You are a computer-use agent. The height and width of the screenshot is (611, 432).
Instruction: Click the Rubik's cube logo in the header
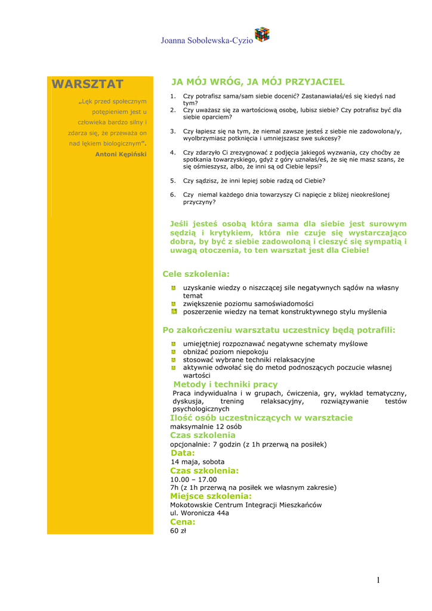262,35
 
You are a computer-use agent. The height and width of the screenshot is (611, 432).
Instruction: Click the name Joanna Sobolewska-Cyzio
206,41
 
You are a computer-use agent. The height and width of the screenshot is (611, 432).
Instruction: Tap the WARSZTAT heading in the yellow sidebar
88,84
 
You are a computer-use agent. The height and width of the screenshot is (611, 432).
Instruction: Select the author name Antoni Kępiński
121,154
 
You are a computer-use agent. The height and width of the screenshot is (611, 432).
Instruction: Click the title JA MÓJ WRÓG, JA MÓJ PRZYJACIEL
258,82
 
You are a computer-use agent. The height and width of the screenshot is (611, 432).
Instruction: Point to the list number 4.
173,152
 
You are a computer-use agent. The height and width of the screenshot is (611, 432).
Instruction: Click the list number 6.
173,195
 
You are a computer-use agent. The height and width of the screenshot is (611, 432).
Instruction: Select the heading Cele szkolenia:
196,274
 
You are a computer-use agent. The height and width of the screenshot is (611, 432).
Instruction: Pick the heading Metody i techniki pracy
225,384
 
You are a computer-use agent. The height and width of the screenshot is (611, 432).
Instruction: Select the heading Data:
183,453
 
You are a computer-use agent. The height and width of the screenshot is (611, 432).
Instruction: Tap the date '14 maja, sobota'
198,462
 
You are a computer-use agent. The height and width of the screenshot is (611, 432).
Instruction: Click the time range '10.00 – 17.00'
193,479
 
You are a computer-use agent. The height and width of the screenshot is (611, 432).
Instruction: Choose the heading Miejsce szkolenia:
211,496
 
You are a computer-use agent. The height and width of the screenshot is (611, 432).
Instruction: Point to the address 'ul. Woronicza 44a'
199,513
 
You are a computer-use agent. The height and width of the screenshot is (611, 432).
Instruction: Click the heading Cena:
183,522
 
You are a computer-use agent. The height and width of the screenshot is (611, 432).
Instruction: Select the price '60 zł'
178,530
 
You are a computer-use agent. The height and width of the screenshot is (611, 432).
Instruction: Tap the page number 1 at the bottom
378,580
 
